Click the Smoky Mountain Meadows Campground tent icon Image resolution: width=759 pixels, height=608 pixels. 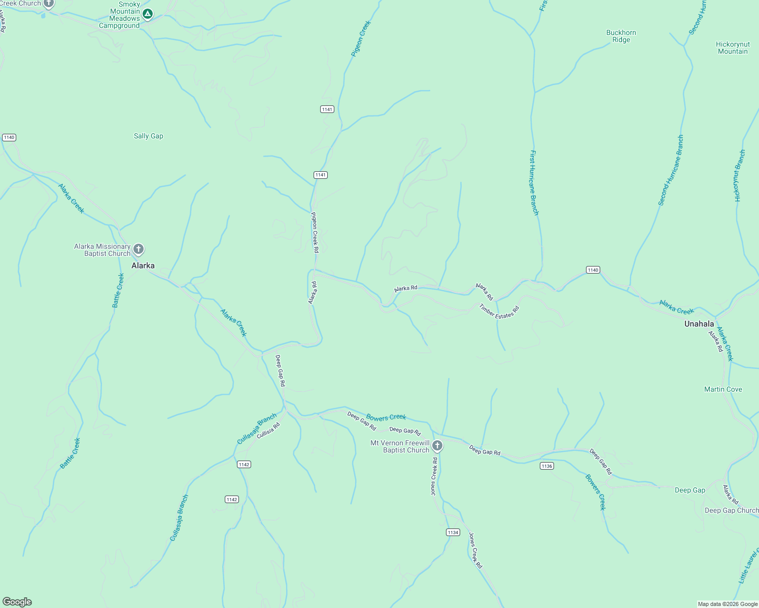point(147,14)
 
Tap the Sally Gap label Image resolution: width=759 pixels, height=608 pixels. point(149,136)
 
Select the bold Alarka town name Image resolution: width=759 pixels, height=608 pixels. point(143,265)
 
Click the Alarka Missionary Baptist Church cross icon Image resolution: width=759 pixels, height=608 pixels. point(139,249)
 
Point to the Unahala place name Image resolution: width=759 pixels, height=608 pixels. point(699,324)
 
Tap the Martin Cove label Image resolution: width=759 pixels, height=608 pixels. point(723,389)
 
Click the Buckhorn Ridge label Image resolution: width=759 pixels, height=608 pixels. point(621,36)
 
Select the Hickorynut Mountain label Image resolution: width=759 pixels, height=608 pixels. point(733,48)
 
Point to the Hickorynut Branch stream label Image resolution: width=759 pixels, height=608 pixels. point(740,176)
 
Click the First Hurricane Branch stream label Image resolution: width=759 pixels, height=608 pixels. point(534,182)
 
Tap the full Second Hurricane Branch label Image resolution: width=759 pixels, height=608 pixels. point(671,170)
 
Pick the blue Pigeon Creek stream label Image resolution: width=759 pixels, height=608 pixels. point(361,38)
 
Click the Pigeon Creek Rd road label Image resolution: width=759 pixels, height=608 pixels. point(315,232)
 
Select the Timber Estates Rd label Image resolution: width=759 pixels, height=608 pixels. point(499,311)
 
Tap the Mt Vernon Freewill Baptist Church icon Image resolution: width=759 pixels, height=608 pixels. point(437,446)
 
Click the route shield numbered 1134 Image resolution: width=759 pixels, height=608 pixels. point(453,532)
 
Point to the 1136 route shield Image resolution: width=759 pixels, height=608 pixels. point(546,466)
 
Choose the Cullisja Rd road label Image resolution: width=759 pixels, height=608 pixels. point(268,431)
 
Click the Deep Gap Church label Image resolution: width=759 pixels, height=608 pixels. point(732,510)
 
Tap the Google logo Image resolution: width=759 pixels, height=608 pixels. point(17,602)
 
